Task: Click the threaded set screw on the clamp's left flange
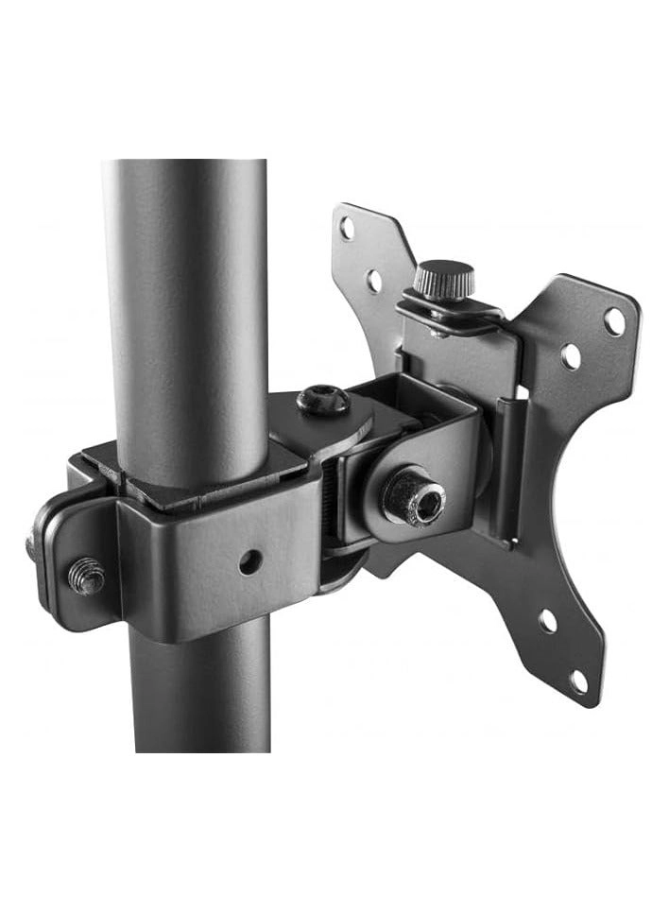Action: (x=86, y=575)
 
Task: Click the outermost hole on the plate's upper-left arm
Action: (x=349, y=228)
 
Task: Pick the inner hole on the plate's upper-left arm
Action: (x=374, y=280)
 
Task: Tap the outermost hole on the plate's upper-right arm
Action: (x=614, y=322)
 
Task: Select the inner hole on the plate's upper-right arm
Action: (x=570, y=356)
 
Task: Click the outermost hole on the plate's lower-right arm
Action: (x=578, y=680)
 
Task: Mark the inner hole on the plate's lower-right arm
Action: (x=547, y=622)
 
